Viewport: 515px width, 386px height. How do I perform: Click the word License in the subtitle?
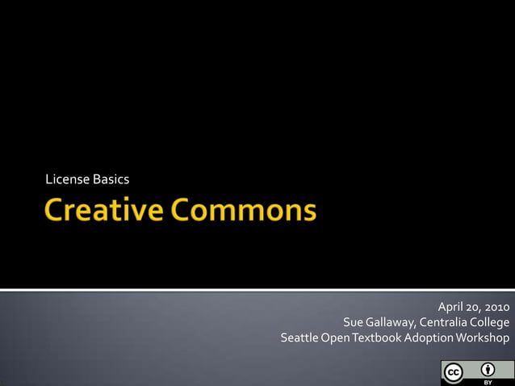[67, 178]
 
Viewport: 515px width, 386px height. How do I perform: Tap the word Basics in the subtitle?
[111, 178]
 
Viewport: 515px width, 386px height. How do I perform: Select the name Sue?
[354, 322]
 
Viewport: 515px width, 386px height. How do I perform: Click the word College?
[490, 322]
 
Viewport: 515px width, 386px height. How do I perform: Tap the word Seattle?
[299, 338]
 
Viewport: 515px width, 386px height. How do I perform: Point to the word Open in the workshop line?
[335, 338]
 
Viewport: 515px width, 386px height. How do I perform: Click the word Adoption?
[429, 338]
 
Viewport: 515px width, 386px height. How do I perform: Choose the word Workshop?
[484, 338]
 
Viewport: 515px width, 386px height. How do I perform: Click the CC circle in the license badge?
[453, 372]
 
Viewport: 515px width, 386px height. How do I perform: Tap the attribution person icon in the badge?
[488, 369]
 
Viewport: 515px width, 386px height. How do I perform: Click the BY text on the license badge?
[488, 381]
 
